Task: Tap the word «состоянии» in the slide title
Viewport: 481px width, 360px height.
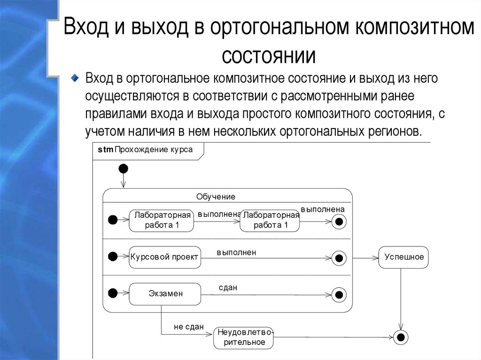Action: click(x=268, y=55)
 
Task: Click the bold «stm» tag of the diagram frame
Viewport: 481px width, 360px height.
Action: click(x=105, y=150)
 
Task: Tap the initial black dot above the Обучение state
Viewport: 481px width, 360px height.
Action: click(x=123, y=169)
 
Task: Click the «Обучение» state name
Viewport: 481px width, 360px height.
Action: click(x=216, y=197)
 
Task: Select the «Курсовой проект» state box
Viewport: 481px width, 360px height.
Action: click(x=165, y=257)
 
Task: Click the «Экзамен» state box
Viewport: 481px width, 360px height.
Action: click(x=165, y=294)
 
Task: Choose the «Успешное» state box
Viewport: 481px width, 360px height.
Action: click(x=403, y=257)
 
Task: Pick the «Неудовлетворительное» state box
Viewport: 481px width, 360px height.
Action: click(x=243, y=337)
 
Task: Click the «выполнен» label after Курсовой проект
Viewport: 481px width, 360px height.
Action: click(x=236, y=253)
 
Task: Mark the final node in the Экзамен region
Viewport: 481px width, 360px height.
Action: click(x=339, y=295)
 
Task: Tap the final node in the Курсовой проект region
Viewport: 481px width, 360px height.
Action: click(x=339, y=258)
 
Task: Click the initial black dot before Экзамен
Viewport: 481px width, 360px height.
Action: click(x=113, y=293)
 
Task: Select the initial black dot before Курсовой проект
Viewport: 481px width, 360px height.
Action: click(x=113, y=256)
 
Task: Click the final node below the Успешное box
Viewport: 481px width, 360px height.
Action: click(x=401, y=337)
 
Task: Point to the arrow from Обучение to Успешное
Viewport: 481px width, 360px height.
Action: click(x=365, y=258)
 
